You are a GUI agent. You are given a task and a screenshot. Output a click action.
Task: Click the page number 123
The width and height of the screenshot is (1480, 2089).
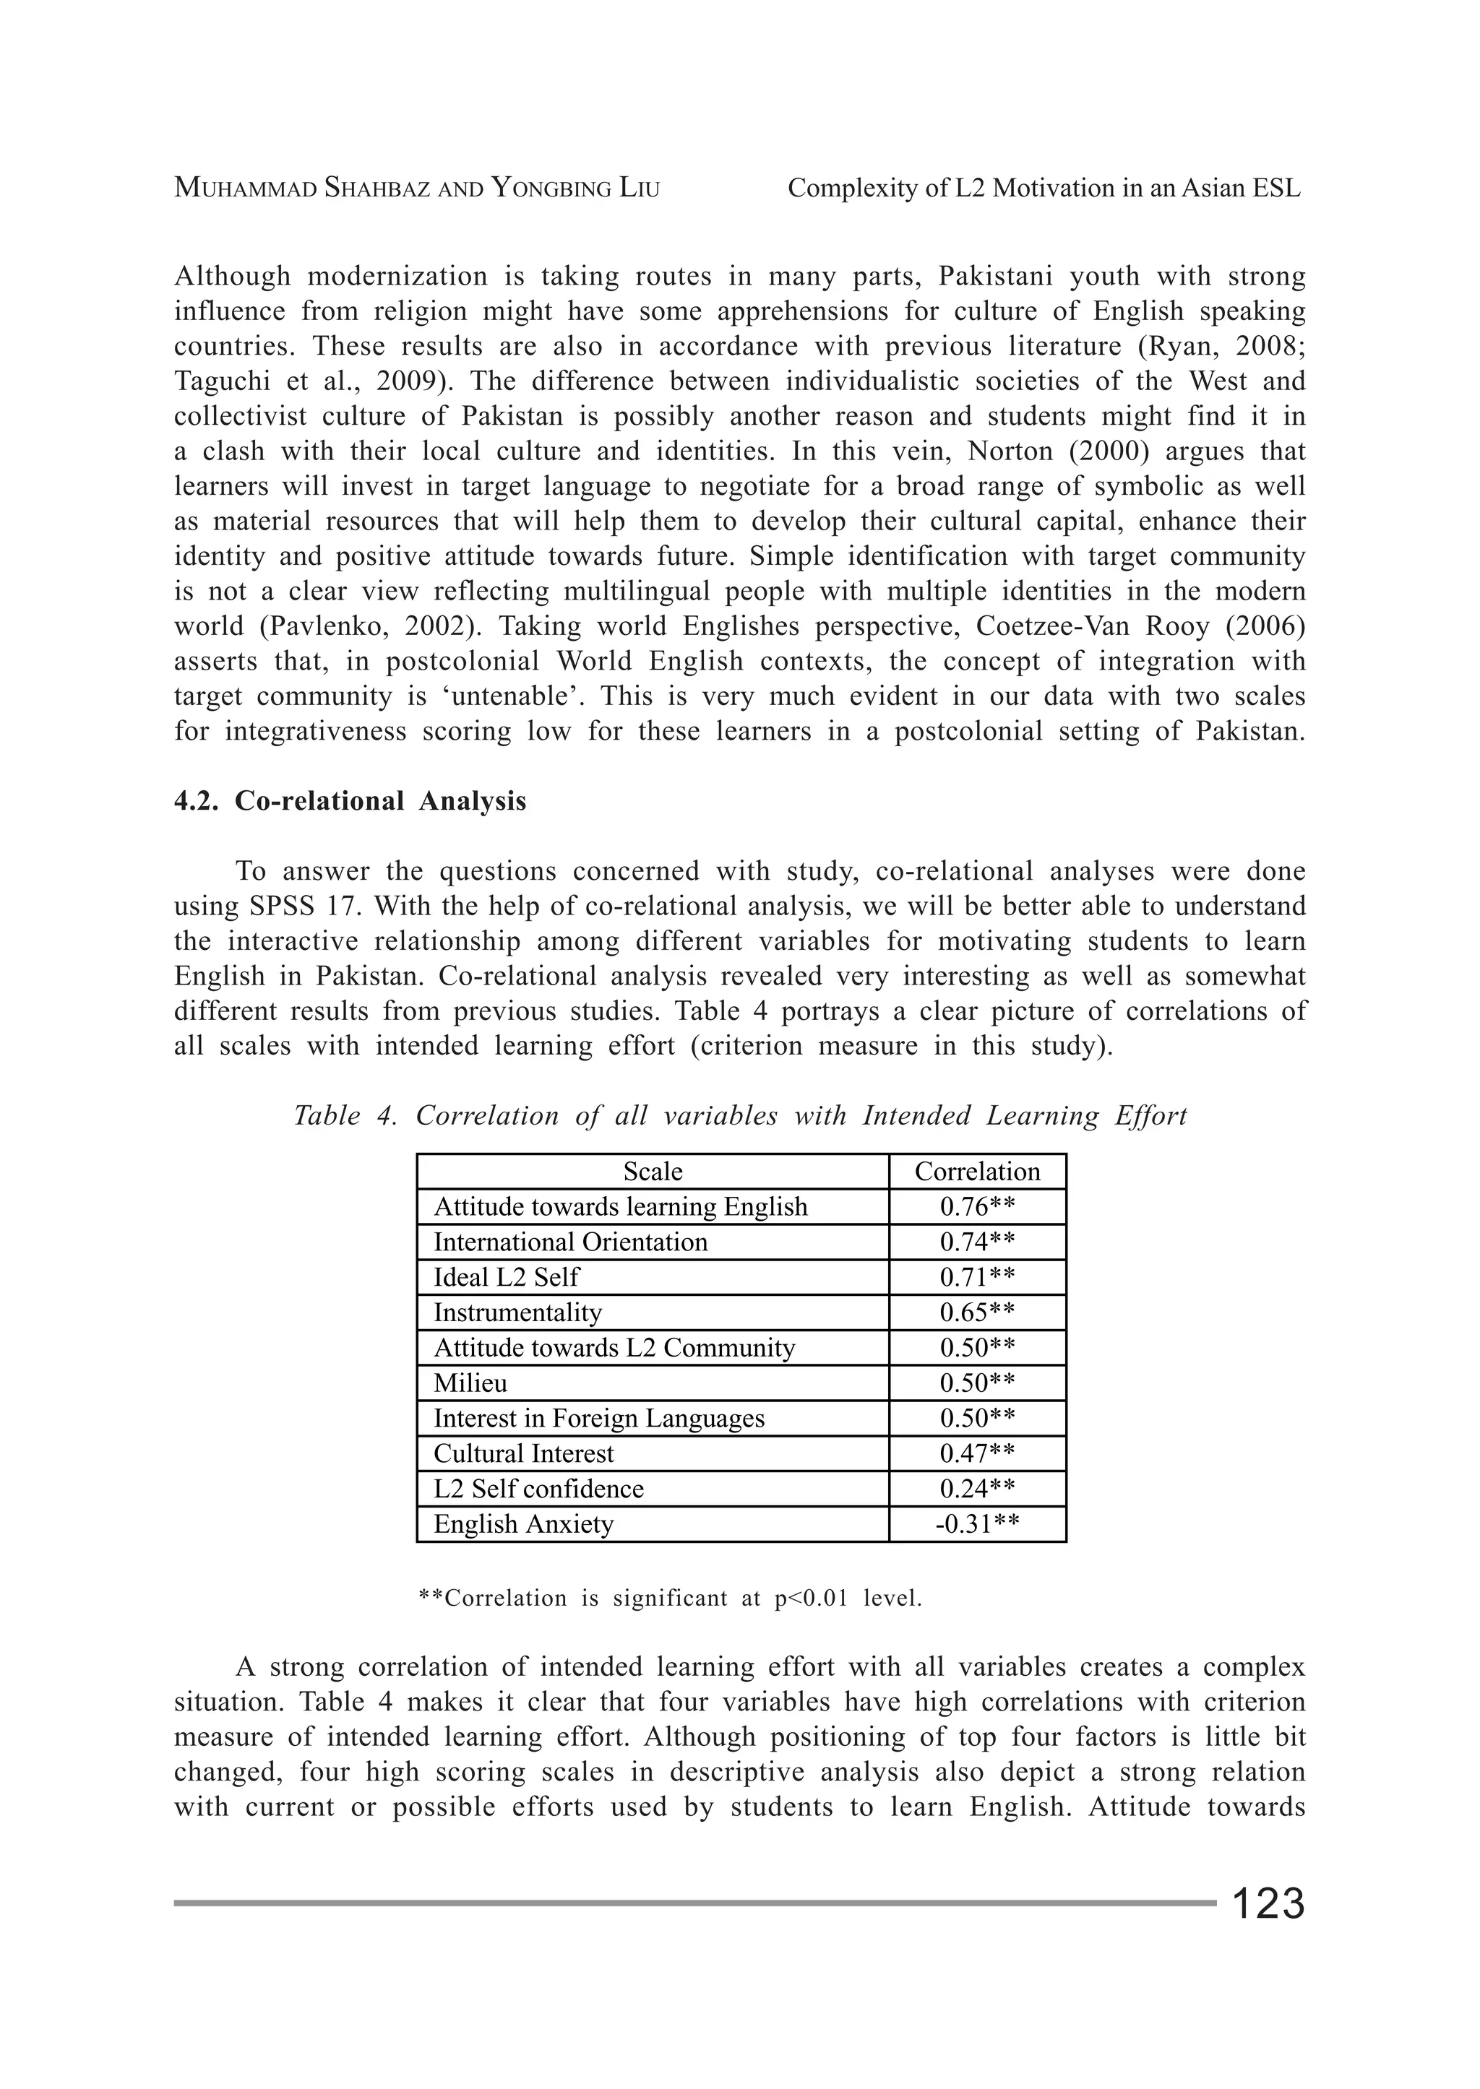click(1268, 1903)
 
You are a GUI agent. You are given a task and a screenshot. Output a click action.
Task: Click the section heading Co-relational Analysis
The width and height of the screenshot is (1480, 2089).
click(380, 801)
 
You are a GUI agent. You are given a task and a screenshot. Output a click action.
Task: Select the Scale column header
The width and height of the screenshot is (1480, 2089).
click(653, 1172)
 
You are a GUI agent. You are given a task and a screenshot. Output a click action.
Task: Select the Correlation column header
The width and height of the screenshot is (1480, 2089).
click(977, 1172)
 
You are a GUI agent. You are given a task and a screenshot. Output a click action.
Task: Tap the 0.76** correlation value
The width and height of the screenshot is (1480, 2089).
click(977, 1207)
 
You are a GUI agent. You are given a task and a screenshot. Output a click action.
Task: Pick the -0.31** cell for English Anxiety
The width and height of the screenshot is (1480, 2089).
click(977, 1524)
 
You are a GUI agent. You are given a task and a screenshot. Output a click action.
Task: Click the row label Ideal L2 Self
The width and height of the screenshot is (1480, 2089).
click(506, 1277)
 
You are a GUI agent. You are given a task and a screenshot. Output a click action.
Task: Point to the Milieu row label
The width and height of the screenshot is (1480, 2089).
click(470, 1383)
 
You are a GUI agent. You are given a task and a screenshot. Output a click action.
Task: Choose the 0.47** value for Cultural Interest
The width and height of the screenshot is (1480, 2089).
click(977, 1453)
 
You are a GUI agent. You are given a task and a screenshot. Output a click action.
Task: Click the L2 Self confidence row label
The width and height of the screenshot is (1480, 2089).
click(538, 1489)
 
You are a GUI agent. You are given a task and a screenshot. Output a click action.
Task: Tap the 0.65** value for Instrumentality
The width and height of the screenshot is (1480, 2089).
click(977, 1312)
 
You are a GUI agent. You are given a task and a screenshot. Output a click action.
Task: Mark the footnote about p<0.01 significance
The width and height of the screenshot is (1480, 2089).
click(670, 1598)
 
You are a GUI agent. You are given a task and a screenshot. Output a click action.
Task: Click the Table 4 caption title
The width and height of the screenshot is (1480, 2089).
click(740, 1116)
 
